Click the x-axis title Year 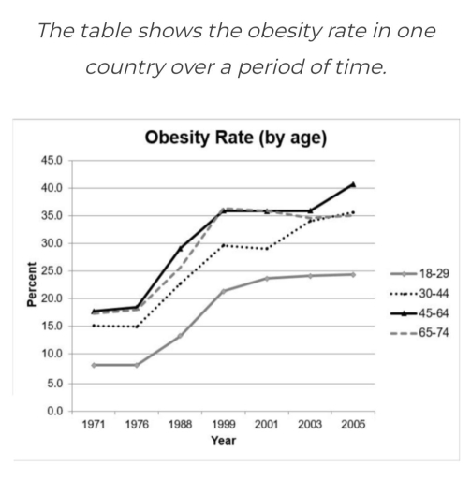(x=223, y=441)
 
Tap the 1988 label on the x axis (x=180, y=424)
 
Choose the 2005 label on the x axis (x=352, y=424)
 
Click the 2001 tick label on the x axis (x=266, y=424)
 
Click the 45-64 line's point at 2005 (x=352, y=184)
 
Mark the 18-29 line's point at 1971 (x=94, y=365)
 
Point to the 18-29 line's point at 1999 (x=223, y=291)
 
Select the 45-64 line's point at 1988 (x=180, y=248)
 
